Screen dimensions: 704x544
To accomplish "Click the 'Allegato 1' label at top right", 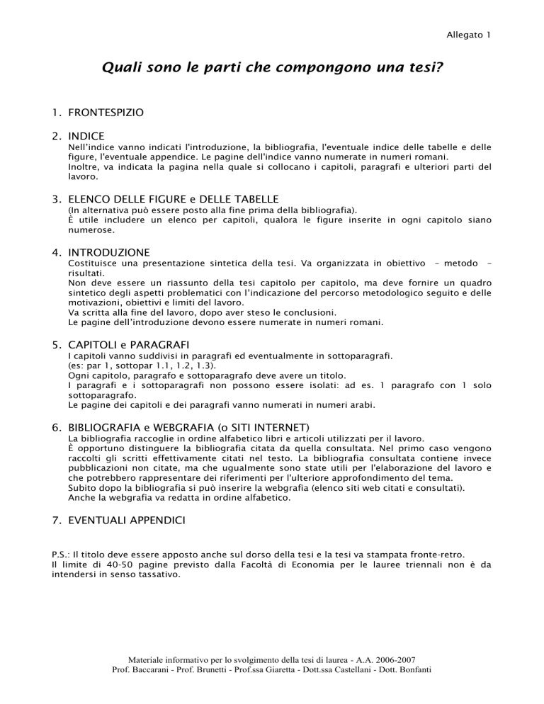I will (x=469, y=33).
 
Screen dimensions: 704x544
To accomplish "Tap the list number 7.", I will (x=57, y=521).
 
